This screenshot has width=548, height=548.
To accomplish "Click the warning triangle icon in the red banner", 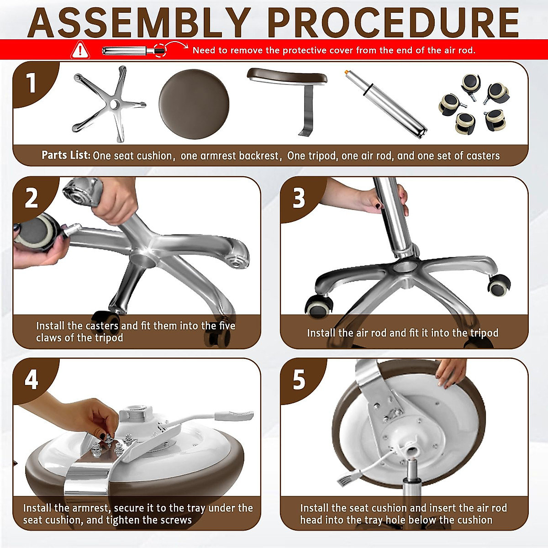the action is click(80, 50).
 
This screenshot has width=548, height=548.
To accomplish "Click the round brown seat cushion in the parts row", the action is click(194, 104).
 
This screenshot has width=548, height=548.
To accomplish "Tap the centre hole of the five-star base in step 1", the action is click(114, 104).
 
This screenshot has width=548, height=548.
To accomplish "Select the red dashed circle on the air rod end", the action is click(160, 50).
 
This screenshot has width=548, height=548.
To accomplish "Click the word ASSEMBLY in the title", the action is click(140, 23).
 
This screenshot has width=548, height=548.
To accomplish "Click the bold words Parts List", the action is click(66, 155).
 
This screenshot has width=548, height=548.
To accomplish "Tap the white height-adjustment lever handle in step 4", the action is click(234, 415).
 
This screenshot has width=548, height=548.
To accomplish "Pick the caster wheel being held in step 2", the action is click(37, 232).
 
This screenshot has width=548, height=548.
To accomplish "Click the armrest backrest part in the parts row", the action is click(287, 101).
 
